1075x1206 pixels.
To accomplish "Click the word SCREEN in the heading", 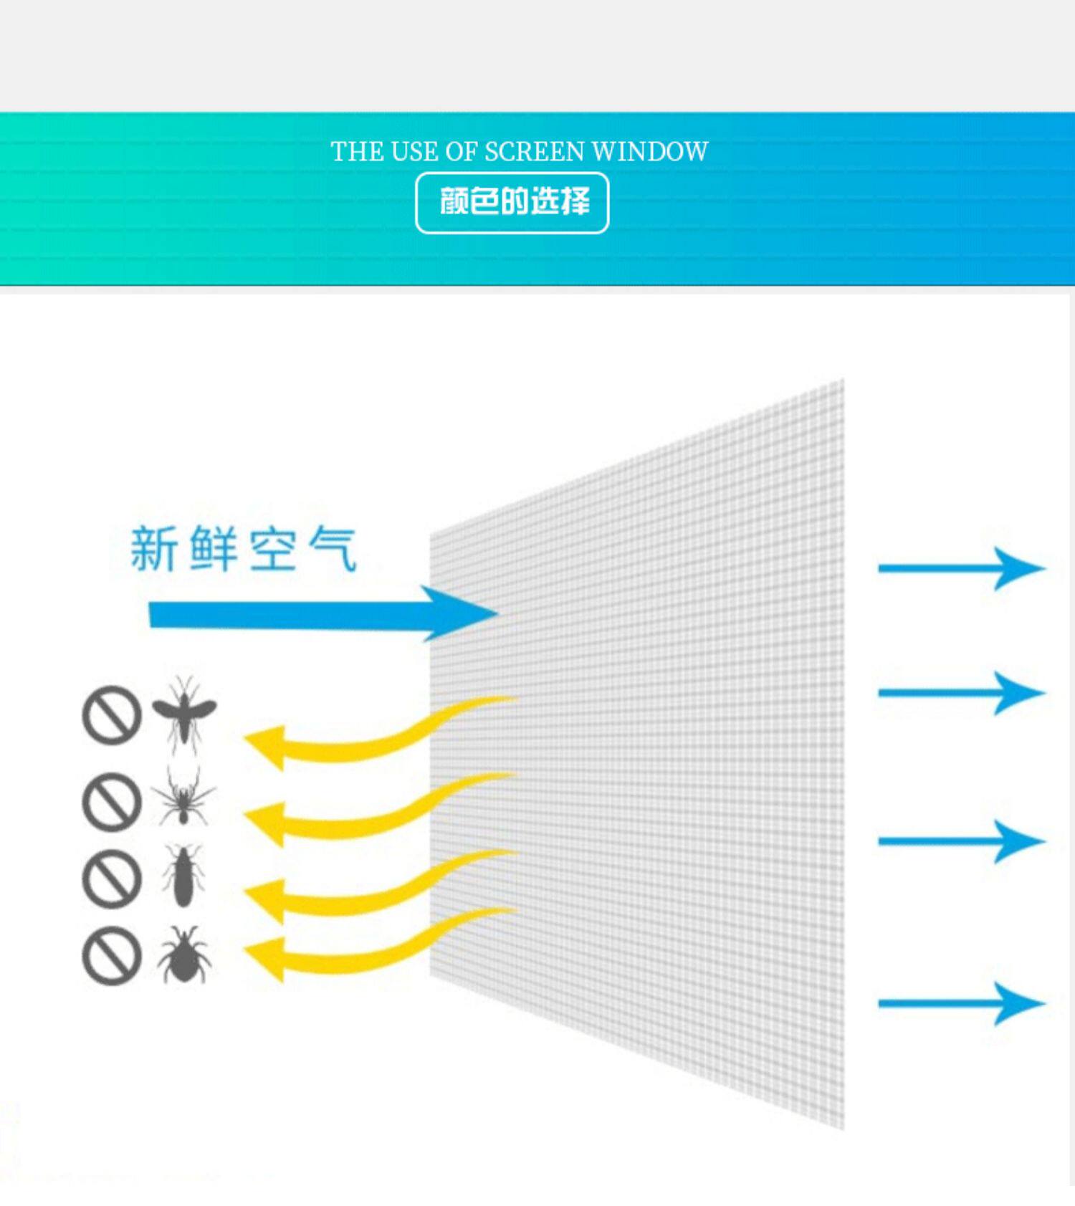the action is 535,152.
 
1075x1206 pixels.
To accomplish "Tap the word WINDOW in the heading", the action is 650,152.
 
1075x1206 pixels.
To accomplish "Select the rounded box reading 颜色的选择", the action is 512,203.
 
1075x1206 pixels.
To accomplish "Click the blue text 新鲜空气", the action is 244,549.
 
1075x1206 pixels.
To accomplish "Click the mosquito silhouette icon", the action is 184,714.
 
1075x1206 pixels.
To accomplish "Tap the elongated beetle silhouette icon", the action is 184,876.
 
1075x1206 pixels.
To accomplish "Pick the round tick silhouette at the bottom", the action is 184,954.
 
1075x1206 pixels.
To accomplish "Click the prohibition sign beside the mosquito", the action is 112,715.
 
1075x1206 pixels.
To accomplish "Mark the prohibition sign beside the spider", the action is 112,801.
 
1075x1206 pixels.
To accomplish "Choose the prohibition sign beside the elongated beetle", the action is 112,879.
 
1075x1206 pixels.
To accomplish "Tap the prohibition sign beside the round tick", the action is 112,956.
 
